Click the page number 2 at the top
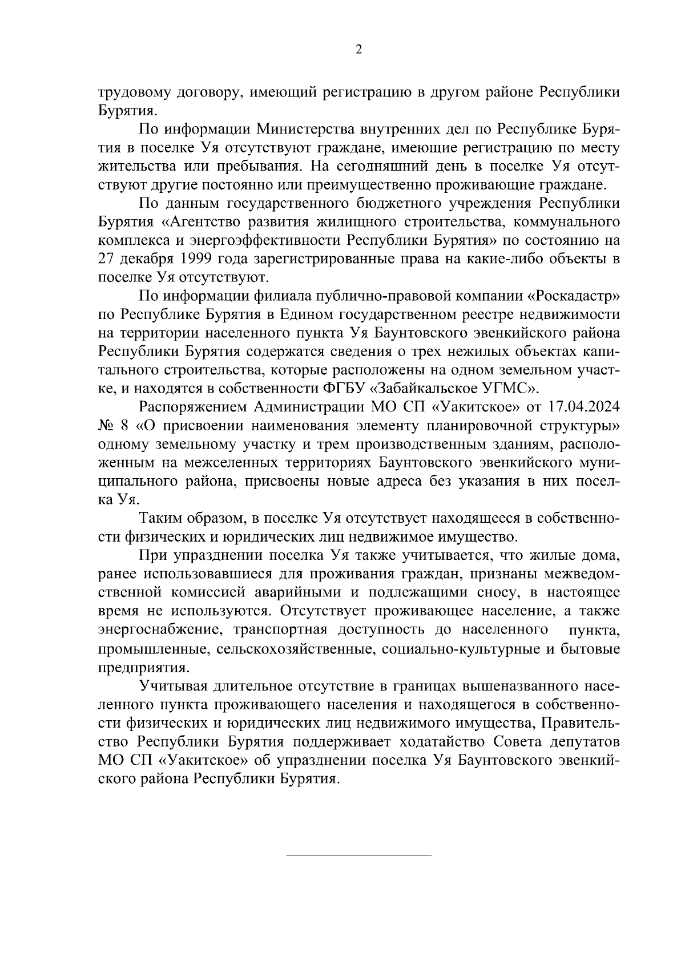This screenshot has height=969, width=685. (358, 50)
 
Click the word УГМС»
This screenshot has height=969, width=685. (509, 389)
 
